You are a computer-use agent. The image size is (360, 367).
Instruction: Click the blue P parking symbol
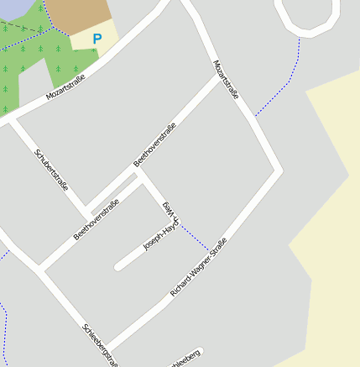click(97, 38)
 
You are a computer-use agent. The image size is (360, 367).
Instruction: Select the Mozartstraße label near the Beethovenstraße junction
click(226, 80)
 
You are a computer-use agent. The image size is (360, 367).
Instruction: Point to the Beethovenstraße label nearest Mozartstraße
click(155, 144)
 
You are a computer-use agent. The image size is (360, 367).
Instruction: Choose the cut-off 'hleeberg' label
click(184, 359)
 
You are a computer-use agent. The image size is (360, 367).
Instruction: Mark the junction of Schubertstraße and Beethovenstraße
click(86, 211)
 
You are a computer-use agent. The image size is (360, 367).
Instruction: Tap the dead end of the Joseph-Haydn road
click(118, 266)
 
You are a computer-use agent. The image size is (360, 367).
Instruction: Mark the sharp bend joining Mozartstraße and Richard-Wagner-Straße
click(278, 171)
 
